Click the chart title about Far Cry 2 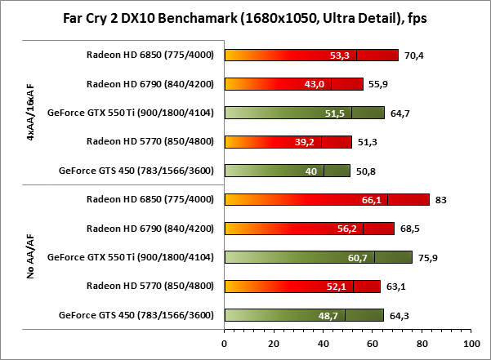[x=245, y=17]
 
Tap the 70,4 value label [x=413, y=56]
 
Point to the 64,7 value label [x=399, y=113]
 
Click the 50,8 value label [x=365, y=171]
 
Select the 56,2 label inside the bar [x=371, y=229]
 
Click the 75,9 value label [x=427, y=258]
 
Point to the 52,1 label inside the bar [x=360, y=287]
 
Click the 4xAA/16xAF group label [x=29, y=113]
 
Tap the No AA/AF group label [x=29, y=258]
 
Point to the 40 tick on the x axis [x=324, y=343]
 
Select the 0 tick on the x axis [x=225, y=343]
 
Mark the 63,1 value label [x=395, y=287]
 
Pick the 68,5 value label [x=409, y=229]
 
